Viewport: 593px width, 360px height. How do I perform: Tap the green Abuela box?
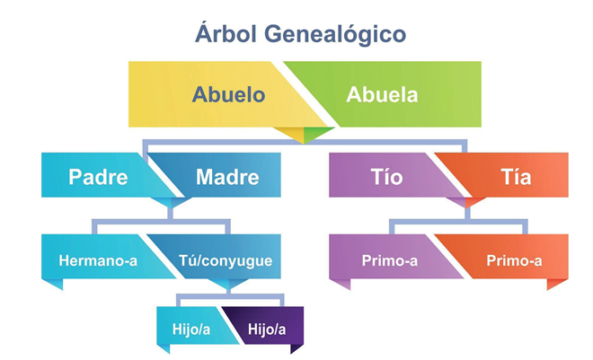tap(390, 94)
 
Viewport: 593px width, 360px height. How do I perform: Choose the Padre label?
tap(98, 177)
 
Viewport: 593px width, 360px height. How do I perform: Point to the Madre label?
tap(227, 177)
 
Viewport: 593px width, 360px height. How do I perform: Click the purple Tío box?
tap(390, 175)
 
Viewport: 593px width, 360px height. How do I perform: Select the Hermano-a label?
tap(98, 260)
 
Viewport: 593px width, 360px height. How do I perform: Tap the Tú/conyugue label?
tap(226, 261)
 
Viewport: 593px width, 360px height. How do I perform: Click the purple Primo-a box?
tap(390, 257)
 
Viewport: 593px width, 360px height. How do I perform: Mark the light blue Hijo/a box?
tap(193, 325)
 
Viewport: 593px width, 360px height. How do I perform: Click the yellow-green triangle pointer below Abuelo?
tap(304, 134)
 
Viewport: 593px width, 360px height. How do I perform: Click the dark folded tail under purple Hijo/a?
tap(296, 348)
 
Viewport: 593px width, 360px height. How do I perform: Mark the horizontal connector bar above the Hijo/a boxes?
tap(229, 295)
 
